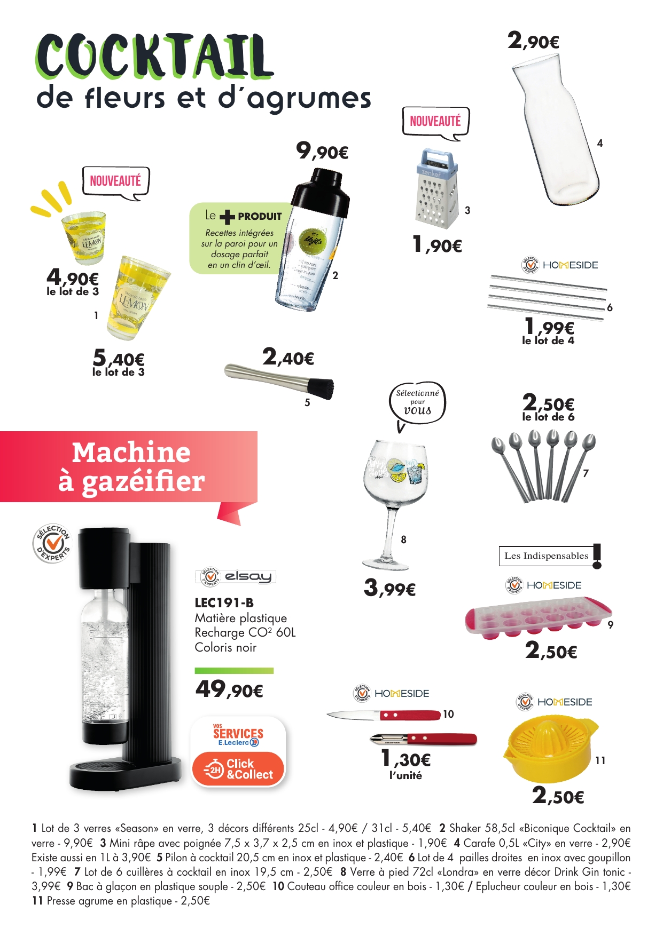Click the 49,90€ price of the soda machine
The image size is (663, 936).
(x=229, y=689)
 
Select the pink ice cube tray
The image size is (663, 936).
(x=537, y=619)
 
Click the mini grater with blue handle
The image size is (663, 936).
(x=437, y=189)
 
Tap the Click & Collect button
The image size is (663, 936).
(x=238, y=769)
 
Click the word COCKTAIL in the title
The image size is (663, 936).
(x=154, y=56)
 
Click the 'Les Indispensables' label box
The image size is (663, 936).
(x=546, y=556)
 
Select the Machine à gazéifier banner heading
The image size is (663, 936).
(x=131, y=466)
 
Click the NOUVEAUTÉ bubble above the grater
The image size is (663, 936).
(x=435, y=122)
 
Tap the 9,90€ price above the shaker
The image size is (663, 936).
(x=322, y=152)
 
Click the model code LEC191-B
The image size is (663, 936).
(x=224, y=603)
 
